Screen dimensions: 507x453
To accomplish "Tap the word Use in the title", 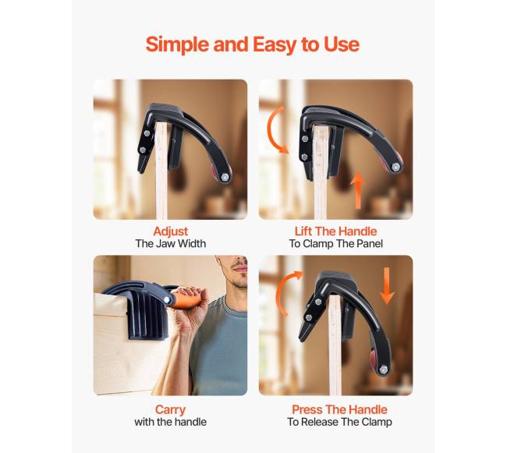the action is (342, 44).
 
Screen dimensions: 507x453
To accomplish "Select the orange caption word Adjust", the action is (170, 232).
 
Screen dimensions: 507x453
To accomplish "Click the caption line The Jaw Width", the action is (170, 243).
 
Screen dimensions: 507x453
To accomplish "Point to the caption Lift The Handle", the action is (335, 232).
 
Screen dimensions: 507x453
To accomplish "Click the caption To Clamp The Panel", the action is (335, 243).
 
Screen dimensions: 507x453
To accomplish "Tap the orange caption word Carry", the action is (170, 409).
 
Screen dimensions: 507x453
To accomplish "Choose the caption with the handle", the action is (170, 422).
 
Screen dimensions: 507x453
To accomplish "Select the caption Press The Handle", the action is (339, 409).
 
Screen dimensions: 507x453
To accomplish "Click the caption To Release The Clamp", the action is (339, 422).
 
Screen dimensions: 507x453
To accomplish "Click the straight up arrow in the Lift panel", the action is (358, 190).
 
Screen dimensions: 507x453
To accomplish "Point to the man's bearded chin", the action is (240, 284).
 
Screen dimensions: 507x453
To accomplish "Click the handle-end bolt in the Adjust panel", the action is (225, 177).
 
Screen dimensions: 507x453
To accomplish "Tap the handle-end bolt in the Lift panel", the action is (395, 167).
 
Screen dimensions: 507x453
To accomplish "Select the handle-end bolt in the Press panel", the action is (384, 370).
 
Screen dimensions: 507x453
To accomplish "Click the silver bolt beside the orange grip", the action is (167, 299).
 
